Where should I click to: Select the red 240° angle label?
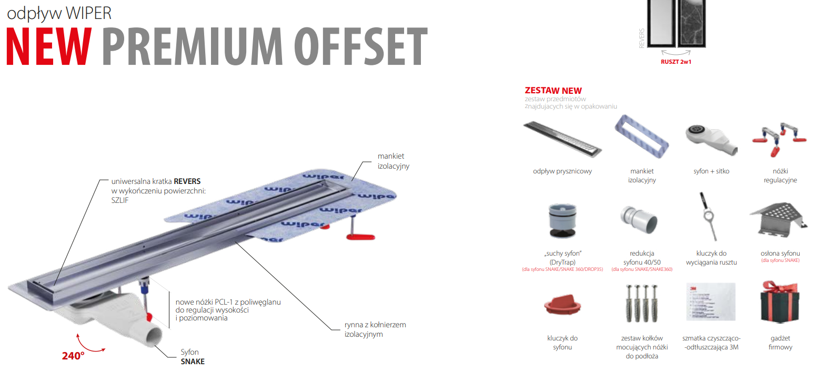pyautogui.click(x=73, y=355)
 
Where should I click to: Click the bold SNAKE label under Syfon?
pyautogui.click(x=193, y=362)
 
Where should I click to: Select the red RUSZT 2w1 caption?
pyautogui.click(x=676, y=62)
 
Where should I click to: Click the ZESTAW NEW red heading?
pyautogui.click(x=553, y=91)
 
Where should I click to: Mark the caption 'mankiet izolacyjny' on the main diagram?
pyautogui.click(x=393, y=161)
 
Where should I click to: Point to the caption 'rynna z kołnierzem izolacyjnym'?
pyautogui.click(x=375, y=329)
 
